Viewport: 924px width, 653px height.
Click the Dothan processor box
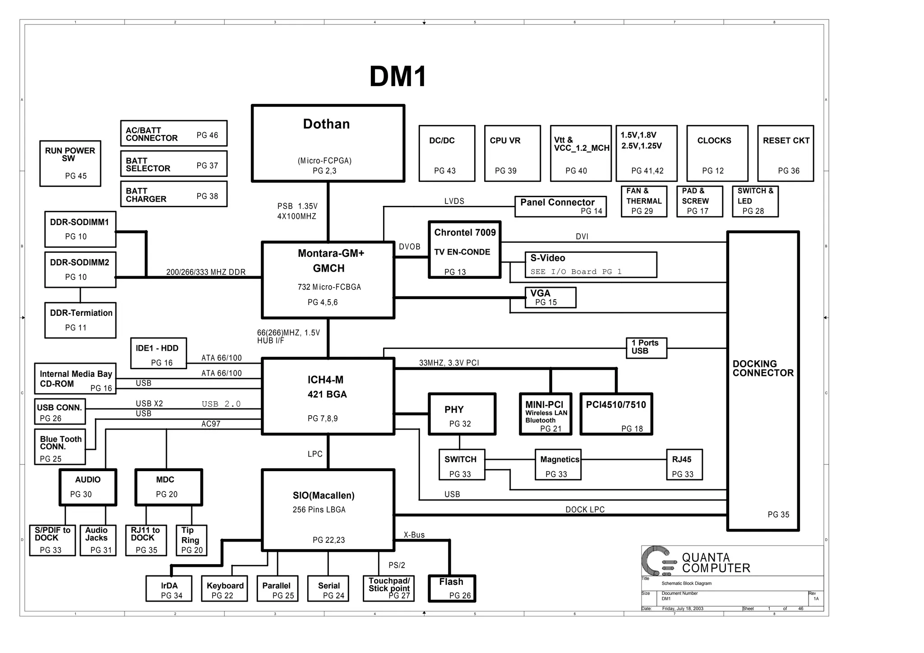(x=328, y=144)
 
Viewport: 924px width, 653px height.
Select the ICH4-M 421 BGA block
(x=328, y=396)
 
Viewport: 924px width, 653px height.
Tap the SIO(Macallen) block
(x=328, y=510)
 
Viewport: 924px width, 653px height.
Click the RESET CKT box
(x=785, y=153)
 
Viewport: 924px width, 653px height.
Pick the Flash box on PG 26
(x=452, y=588)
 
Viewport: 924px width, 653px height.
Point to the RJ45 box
(x=684, y=464)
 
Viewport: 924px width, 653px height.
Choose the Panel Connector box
(x=560, y=206)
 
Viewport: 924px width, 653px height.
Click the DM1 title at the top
(x=397, y=77)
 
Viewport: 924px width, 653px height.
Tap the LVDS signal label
(x=454, y=201)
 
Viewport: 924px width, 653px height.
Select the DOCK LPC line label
(x=585, y=509)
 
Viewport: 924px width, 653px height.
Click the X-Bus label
(x=414, y=535)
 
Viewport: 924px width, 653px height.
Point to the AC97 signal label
(x=211, y=424)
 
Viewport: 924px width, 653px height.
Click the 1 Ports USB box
(x=646, y=348)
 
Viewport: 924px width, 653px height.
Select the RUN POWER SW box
(x=70, y=163)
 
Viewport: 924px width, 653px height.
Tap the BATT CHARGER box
(x=173, y=194)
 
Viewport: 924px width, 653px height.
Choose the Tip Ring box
(x=191, y=540)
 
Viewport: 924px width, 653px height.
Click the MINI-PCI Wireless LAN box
(x=545, y=414)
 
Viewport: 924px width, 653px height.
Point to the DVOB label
(x=409, y=247)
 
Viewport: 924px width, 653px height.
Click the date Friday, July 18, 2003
(x=682, y=608)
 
